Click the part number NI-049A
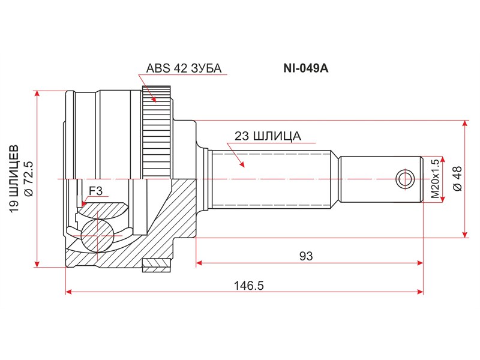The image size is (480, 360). [x=306, y=68]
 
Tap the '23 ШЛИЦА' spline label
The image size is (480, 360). [x=267, y=136]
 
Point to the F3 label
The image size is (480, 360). [x=96, y=191]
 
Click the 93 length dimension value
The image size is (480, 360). [x=307, y=256]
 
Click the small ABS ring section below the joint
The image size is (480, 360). [x=157, y=264]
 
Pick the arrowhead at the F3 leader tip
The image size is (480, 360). [x=84, y=206]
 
